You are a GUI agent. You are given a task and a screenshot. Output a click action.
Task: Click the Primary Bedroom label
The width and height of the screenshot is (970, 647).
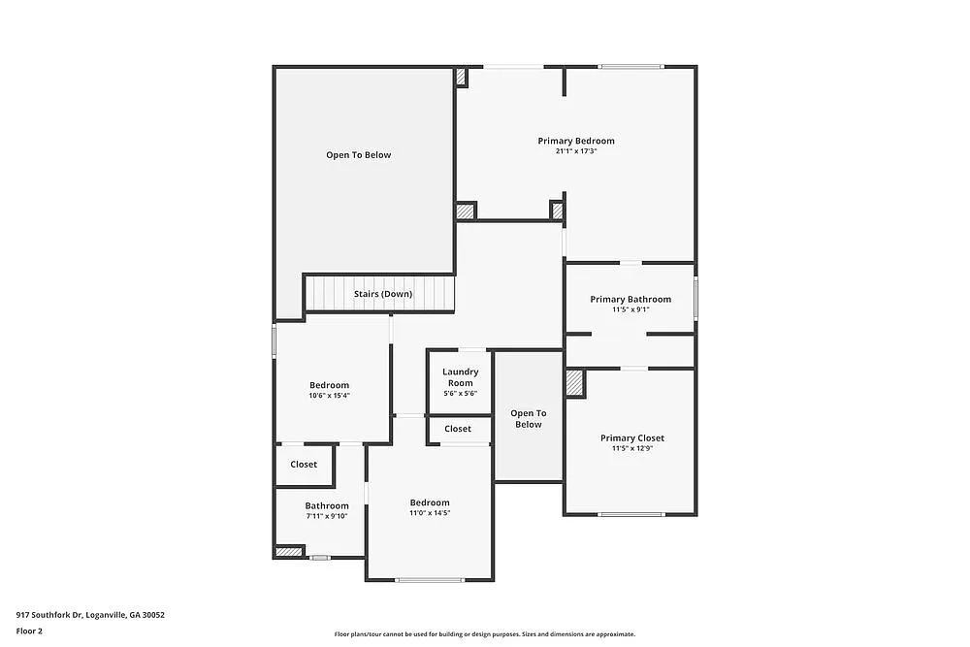[576, 141]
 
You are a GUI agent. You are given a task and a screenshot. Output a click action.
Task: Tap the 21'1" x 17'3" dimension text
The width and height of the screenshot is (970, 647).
[576, 151]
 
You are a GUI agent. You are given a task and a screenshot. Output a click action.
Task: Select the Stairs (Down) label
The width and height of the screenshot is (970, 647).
[382, 294]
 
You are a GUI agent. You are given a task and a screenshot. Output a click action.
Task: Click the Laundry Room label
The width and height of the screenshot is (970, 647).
[460, 377]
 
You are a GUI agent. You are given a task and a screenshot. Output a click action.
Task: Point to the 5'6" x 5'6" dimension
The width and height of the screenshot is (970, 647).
[460, 394]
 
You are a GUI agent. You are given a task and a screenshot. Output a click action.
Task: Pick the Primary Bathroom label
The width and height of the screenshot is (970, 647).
[630, 299]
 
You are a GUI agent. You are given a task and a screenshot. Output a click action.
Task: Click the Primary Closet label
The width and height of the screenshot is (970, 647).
[631, 437]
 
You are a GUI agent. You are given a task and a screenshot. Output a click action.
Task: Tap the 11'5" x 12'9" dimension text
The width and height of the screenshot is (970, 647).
[631, 448]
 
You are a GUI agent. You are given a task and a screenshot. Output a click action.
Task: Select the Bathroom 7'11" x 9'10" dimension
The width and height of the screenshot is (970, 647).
[327, 516]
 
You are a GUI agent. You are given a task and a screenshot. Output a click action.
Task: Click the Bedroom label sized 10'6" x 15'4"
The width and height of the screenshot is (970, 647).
[329, 385]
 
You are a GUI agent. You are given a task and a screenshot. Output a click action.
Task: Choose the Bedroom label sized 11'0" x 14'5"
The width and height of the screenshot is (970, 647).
[430, 502]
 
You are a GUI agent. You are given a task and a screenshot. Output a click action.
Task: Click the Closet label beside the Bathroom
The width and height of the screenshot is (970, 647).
[304, 465]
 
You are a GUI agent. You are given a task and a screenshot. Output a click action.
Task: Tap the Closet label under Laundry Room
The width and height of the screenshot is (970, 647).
[458, 429]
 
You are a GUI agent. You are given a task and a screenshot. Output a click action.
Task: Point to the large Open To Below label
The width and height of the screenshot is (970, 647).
[358, 154]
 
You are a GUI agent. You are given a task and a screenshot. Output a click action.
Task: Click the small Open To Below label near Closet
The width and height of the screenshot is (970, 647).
[529, 419]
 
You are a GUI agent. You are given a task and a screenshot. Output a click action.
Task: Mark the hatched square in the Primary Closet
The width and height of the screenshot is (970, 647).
[575, 382]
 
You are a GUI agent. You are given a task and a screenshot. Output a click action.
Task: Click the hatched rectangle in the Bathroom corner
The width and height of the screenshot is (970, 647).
[289, 552]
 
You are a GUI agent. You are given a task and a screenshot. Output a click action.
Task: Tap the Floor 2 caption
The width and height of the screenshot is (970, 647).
[29, 631]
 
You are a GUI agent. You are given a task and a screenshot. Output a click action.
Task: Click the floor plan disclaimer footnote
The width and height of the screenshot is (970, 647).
[485, 634]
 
